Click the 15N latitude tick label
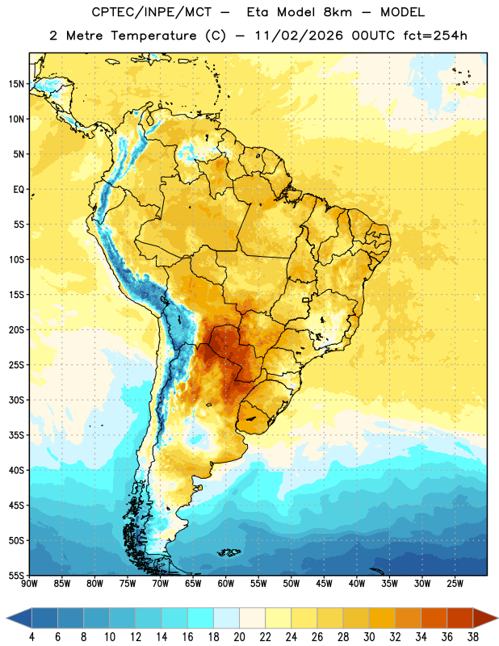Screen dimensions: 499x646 tap(16, 84)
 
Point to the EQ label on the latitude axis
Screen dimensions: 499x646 tap(19, 190)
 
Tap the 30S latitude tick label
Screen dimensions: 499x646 tap(16, 400)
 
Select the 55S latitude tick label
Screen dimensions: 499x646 tap(16, 575)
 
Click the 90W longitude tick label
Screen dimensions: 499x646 tap(29, 584)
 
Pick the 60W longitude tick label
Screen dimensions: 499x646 tap(226, 584)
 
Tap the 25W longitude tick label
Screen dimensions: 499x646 tap(455, 584)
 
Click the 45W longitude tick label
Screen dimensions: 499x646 tap(324, 584)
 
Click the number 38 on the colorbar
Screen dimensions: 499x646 tap(473, 637)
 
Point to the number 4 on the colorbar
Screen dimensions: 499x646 tap(31, 637)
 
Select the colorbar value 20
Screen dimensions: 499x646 tap(239, 637)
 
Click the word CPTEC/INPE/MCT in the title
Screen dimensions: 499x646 tap(151, 12)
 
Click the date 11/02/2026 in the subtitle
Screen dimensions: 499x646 tap(299, 36)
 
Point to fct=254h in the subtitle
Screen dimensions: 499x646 tap(435, 36)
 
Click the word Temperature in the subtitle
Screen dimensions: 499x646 tap(153, 36)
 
